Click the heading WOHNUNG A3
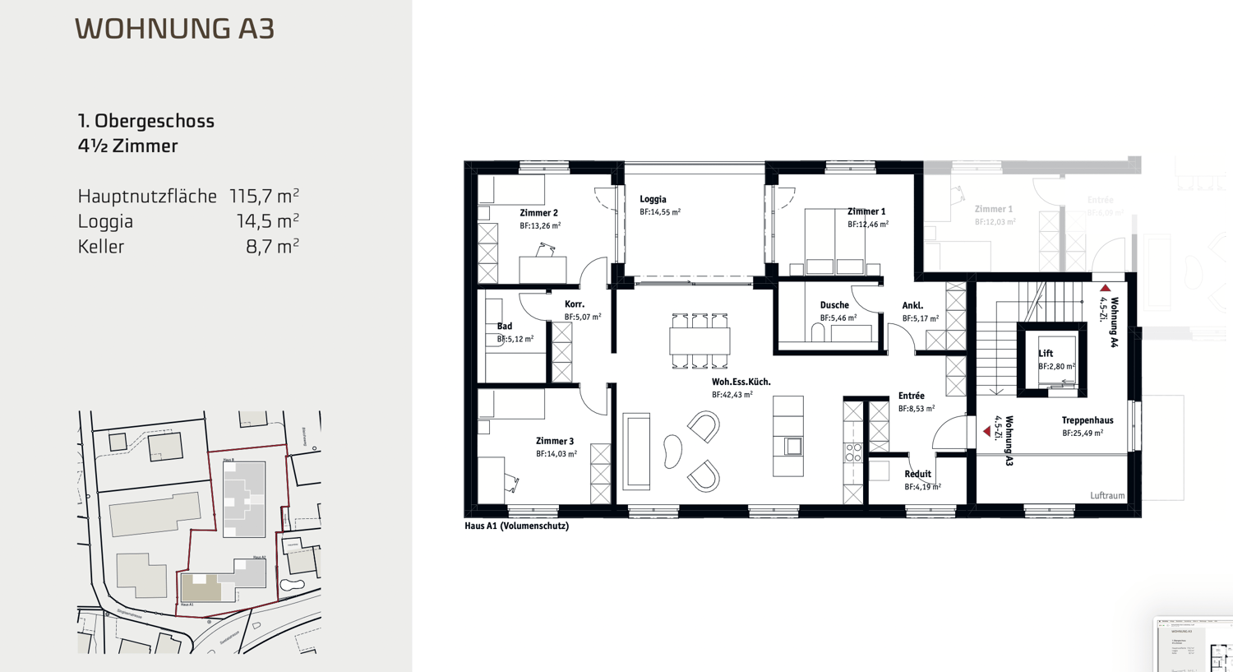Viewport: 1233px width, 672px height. tap(174, 29)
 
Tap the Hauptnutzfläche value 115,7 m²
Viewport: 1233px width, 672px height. tap(264, 197)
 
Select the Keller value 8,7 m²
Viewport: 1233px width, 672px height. tap(272, 247)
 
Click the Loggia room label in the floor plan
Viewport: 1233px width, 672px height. tap(653, 199)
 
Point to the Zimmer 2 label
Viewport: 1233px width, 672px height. tap(538, 213)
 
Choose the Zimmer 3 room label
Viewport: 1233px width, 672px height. tap(555, 442)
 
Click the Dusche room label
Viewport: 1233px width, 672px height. tap(834, 305)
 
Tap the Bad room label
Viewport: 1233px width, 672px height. tap(505, 327)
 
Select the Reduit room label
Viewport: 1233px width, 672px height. tap(917, 475)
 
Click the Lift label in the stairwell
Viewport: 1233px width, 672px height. tap(1046, 354)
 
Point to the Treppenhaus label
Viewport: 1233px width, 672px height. tap(1087, 420)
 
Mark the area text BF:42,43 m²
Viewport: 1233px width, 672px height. tap(732, 395)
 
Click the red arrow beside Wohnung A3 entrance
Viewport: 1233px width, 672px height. tap(986, 431)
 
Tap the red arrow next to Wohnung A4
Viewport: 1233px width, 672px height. tap(1106, 288)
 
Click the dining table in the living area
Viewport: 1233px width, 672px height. tap(700, 341)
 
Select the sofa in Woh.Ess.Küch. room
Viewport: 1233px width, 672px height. tap(636, 452)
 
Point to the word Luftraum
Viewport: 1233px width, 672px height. tap(1106, 496)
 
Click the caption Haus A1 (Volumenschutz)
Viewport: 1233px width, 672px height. tap(516, 526)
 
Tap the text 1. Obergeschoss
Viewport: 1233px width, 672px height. tap(146, 121)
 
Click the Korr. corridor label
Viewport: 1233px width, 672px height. tap(575, 304)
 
